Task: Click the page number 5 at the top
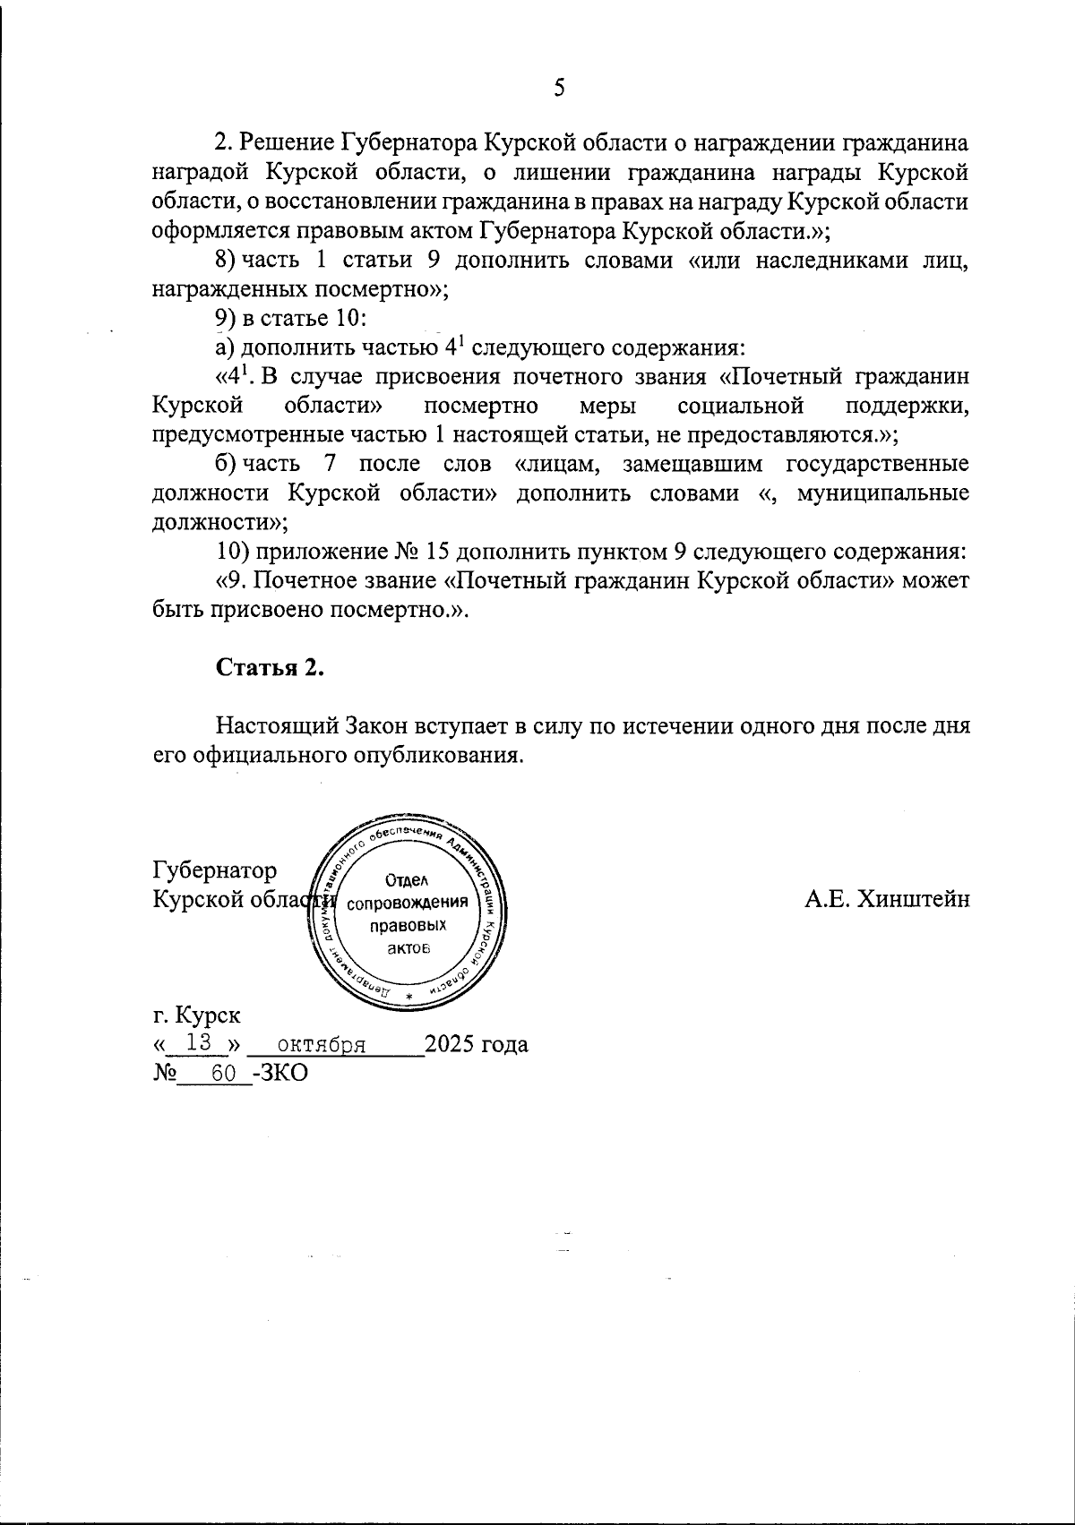(560, 88)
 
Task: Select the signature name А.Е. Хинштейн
(886, 899)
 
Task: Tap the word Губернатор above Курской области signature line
(215, 870)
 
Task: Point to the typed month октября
(322, 1044)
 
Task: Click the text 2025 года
(476, 1044)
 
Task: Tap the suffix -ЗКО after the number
(280, 1073)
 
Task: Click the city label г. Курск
(196, 1015)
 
